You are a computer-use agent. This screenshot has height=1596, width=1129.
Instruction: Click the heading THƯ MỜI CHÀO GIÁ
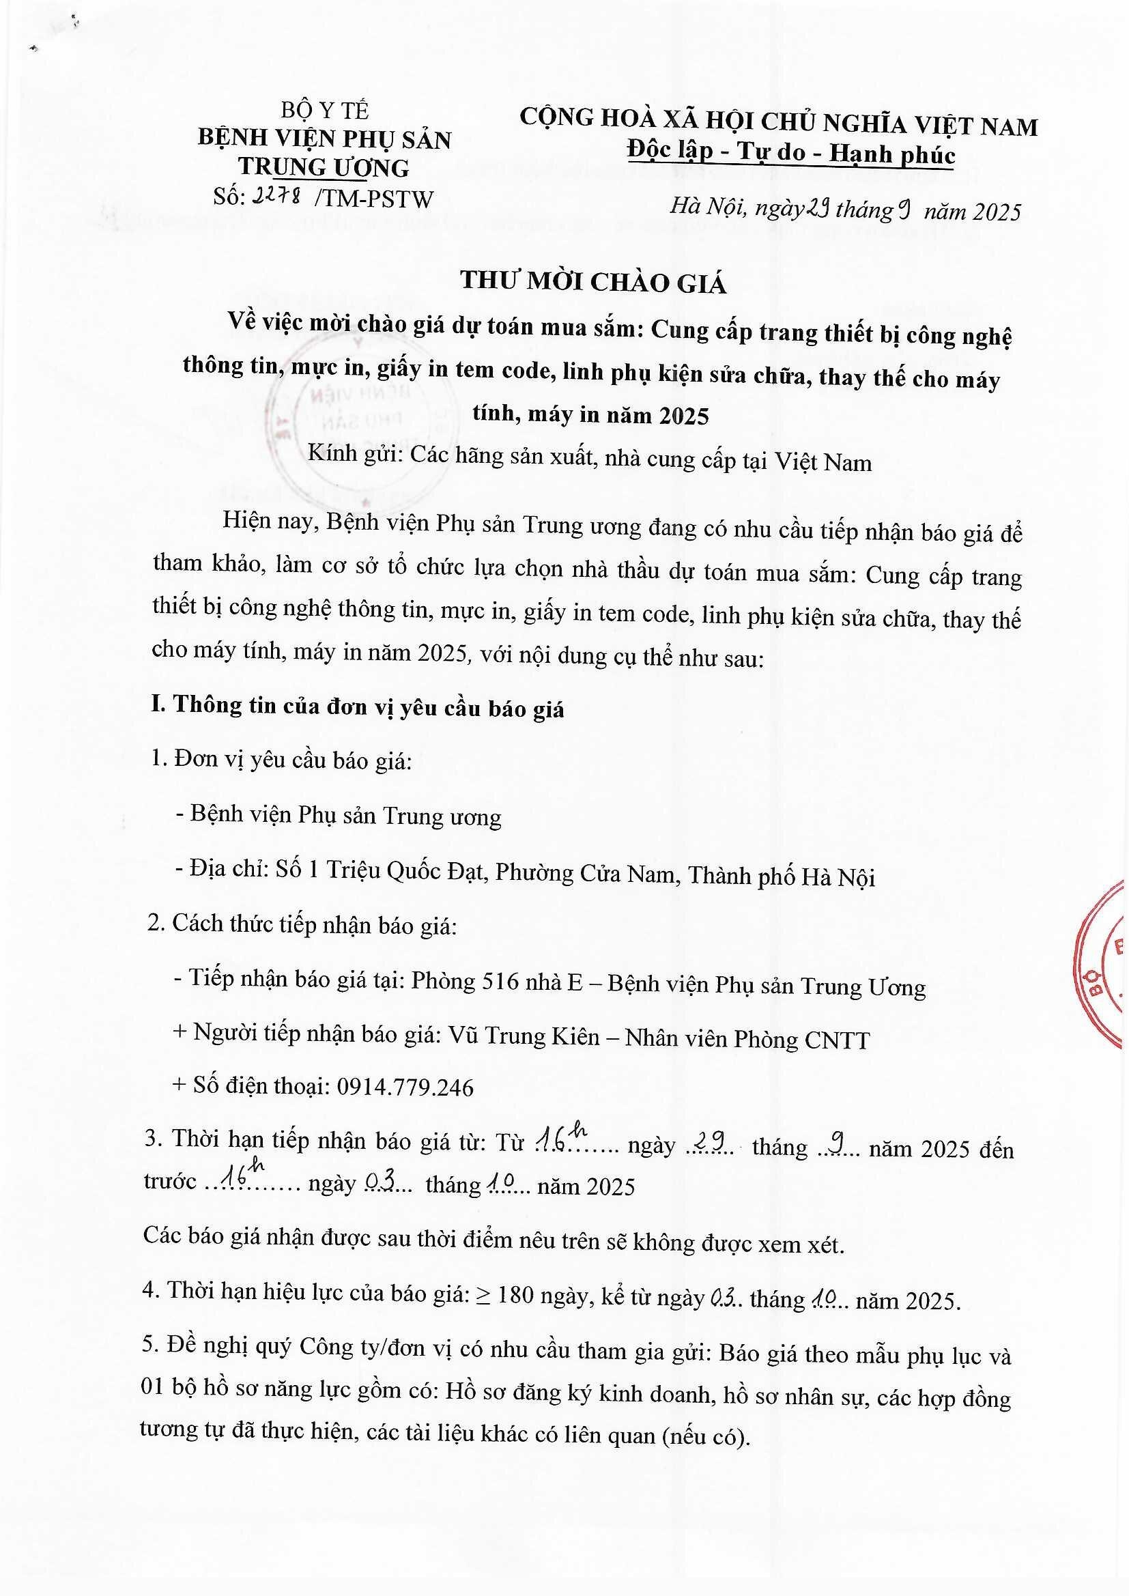[593, 281]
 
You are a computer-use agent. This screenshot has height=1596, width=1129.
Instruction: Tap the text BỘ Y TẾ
[325, 111]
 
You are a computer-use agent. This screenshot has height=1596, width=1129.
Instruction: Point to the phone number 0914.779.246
[405, 1087]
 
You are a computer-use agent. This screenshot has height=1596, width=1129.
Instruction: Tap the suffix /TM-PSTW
[373, 199]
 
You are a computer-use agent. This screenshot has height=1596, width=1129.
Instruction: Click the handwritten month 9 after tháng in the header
[904, 210]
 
